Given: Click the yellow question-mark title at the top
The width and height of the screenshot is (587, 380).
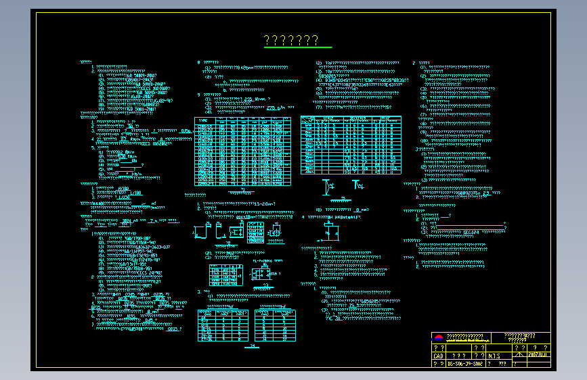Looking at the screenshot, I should click(x=291, y=41).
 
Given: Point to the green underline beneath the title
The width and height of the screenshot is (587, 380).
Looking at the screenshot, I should click(x=298, y=48).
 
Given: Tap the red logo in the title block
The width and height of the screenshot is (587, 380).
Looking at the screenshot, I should click(x=438, y=337).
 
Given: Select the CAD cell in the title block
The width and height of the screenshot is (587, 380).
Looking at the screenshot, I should click(x=438, y=355).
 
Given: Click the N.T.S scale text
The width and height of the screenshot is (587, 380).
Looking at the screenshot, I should click(x=494, y=355).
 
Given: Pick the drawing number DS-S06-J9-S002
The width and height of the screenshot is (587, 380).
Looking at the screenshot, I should click(x=466, y=363).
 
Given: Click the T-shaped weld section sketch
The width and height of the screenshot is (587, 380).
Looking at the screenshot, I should click(x=358, y=184).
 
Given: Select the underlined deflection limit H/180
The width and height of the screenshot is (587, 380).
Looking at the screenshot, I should click(x=123, y=188).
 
